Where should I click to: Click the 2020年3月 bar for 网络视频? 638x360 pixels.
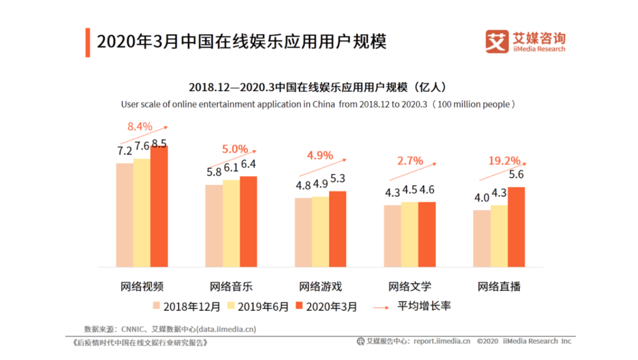[x=159, y=206]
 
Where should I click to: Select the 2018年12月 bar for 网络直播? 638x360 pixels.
[x=481, y=238]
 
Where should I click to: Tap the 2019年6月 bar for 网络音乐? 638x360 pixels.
[x=231, y=223]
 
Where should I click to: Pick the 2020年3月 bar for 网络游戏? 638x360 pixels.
[x=338, y=229]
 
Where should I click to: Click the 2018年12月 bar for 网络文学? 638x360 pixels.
[x=392, y=236]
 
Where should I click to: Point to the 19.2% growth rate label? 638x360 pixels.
[x=504, y=160]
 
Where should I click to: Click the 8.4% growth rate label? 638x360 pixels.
[x=140, y=126]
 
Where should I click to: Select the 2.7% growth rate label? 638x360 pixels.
[x=410, y=160]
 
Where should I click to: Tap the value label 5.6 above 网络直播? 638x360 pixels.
[x=517, y=174]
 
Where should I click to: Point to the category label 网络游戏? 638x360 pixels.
[x=320, y=287]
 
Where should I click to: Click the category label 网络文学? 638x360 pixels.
[x=409, y=287]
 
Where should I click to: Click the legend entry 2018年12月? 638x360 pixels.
[x=187, y=306]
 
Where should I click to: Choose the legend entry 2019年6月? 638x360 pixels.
[x=258, y=306]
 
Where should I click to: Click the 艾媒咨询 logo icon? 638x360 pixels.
[x=497, y=41]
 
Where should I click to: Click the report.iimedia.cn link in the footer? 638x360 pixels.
[x=441, y=341]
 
